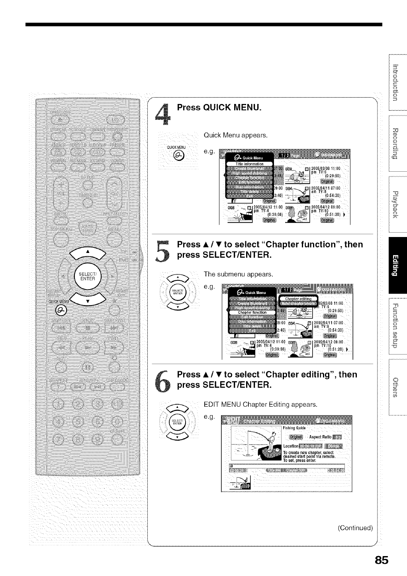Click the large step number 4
pyautogui.click(x=163, y=114)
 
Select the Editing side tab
pyautogui.click(x=395, y=264)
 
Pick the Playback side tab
pyautogui.click(x=395, y=204)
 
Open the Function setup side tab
pyautogui.click(x=395, y=325)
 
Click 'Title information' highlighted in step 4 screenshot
pyautogui.click(x=249, y=164)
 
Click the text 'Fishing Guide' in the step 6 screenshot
pyautogui.click(x=294, y=428)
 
